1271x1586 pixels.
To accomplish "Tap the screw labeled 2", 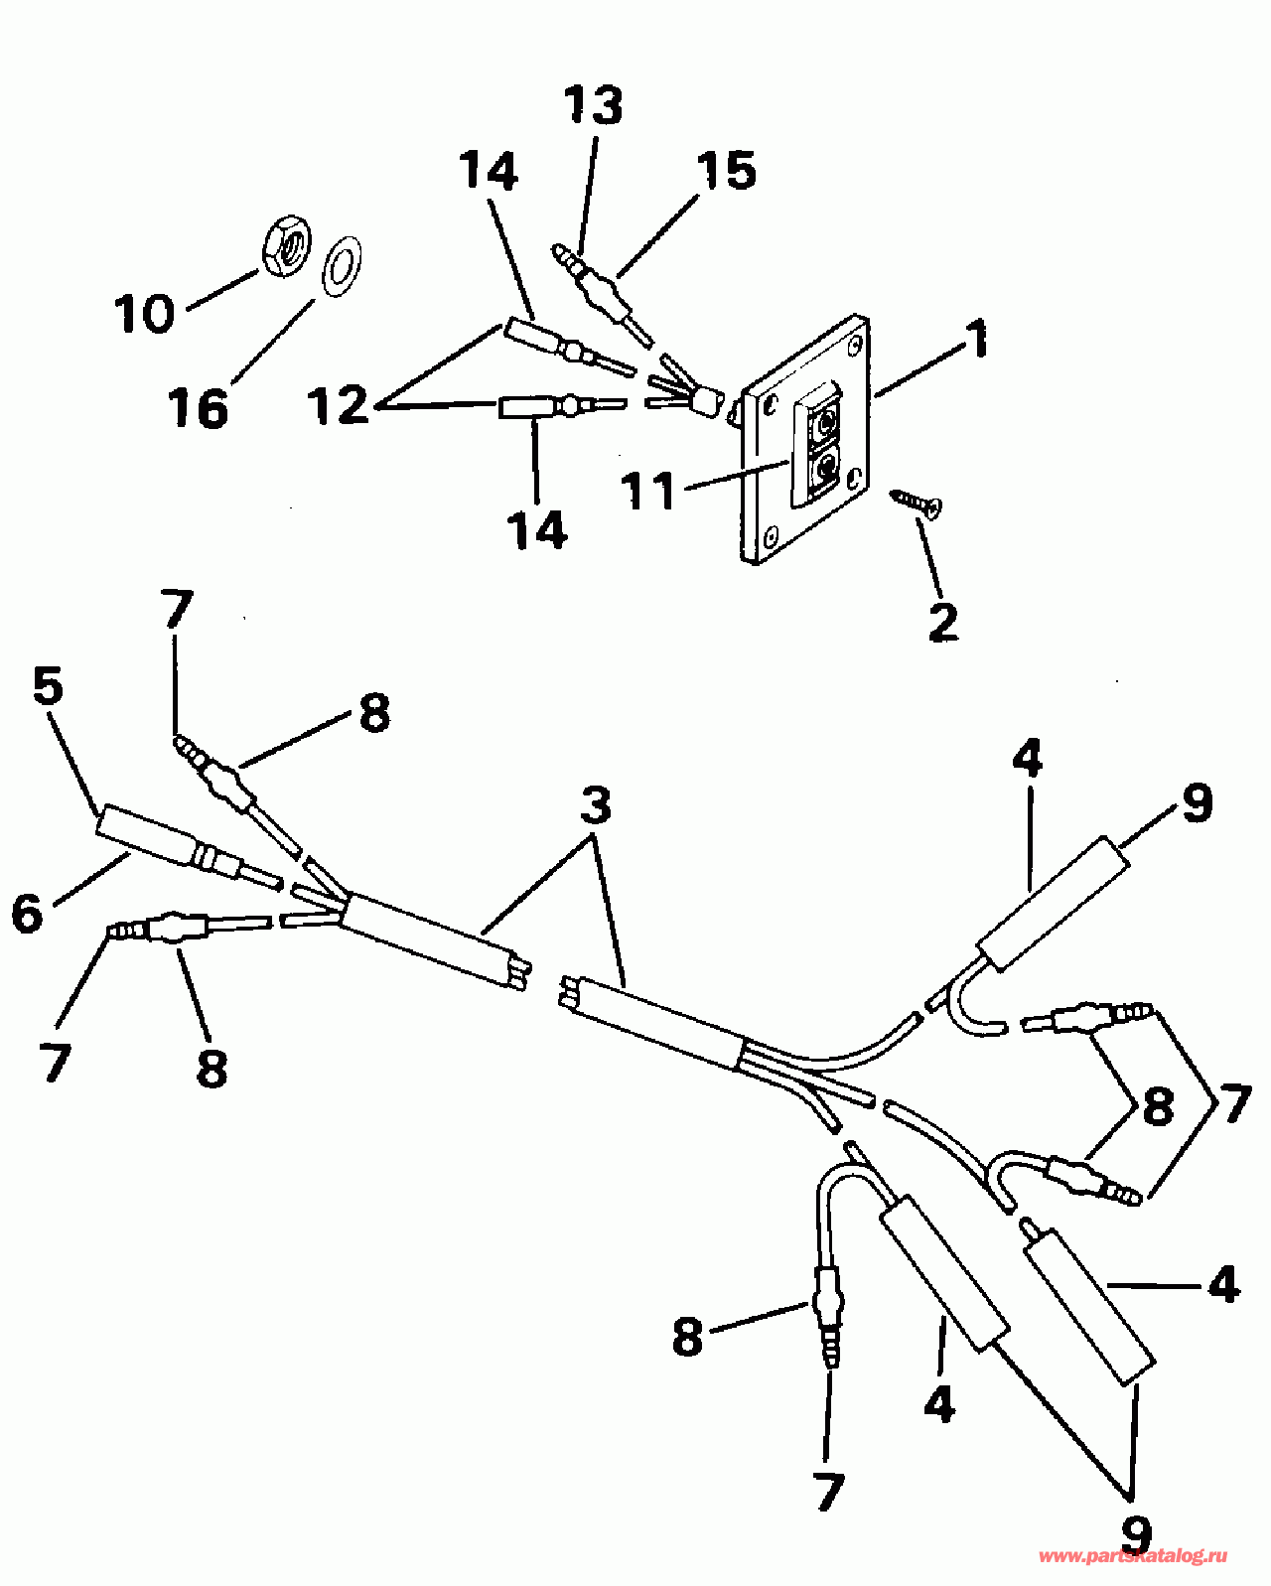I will click(x=918, y=502).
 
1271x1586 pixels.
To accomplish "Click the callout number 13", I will click(x=594, y=107).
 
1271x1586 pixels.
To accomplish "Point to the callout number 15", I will click(x=727, y=171).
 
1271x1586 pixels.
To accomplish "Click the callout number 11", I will click(x=648, y=491).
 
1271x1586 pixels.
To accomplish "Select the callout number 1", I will click(x=978, y=340).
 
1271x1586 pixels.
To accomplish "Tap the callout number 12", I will click(x=339, y=406).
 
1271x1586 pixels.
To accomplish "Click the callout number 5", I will click(x=48, y=686).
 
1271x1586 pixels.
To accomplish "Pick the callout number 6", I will click(x=28, y=912).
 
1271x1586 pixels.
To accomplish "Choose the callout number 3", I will click(x=596, y=805).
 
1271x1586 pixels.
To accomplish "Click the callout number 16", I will click(x=199, y=408).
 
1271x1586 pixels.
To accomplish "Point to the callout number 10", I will click(x=145, y=314).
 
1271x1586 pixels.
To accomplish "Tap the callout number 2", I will click(x=943, y=622).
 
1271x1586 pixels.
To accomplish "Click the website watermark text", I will click(x=1133, y=1556).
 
